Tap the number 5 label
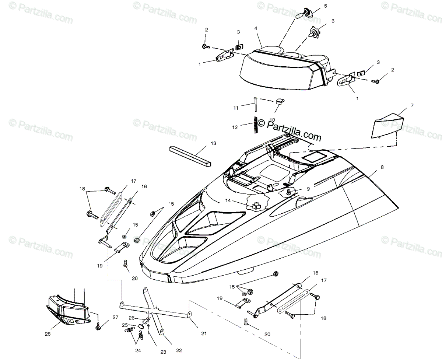pos(325,6)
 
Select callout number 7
pos(412,105)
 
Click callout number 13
pos(214,143)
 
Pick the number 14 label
pos(228,201)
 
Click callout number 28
pos(47,334)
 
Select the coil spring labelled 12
pos(255,124)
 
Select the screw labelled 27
pos(98,326)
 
